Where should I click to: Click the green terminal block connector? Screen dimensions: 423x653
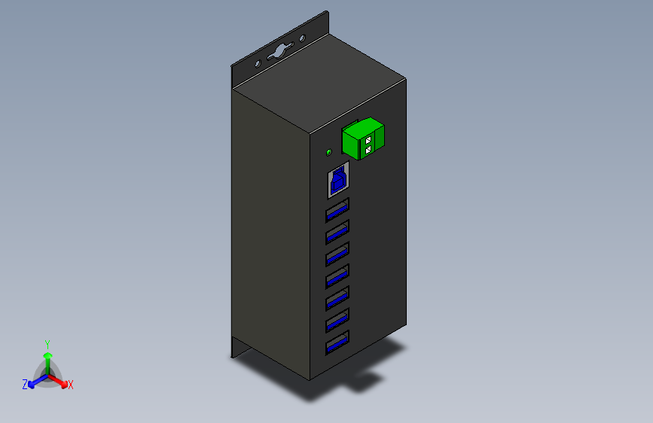pyautogui.click(x=364, y=140)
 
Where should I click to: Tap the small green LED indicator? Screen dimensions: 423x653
pyautogui.click(x=328, y=153)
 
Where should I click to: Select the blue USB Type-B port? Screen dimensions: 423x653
pyautogui.click(x=339, y=181)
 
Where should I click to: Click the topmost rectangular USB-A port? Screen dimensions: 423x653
pyautogui.click(x=337, y=210)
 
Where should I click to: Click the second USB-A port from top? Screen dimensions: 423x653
pyautogui.click(x=337, y=232)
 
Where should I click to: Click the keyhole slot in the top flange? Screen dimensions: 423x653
pyautogui.click(x=279, y=51)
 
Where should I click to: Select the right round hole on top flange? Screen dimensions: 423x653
pyautogui.click(x=303, y=38)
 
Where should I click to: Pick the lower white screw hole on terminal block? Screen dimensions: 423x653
pyautogui.click(x=368, y=150)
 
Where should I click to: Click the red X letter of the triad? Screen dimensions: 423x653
pyautogui.click(x=71, y=385)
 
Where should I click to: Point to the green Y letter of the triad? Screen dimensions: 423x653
pyautogui.click(x=47, y=343)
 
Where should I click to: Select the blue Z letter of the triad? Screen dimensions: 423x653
pyautogui.click(x=25, y=385)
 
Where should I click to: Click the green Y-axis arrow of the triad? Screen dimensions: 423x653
pyautogui.click(x=47, y=358)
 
